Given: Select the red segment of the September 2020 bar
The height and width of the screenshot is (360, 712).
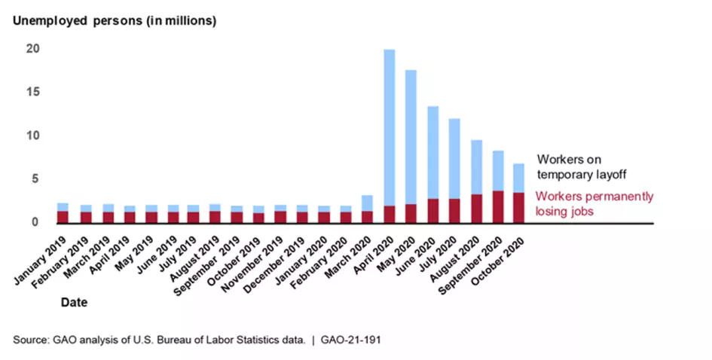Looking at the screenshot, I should (499, 206).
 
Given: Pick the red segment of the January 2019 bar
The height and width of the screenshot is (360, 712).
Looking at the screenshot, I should (63, 217).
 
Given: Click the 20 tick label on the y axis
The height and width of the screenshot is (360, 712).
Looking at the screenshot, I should (32, 49).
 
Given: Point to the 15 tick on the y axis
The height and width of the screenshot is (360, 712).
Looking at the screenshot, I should (32, 92).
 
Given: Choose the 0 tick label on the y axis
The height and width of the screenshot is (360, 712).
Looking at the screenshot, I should (35, 222).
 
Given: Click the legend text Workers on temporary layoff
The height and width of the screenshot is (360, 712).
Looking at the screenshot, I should (581, 166).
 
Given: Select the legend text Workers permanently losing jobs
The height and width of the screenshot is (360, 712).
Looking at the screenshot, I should (585, 203).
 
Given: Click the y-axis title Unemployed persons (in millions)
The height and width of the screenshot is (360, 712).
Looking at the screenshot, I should (113, 20).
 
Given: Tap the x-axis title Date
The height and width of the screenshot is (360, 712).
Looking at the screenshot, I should (74, 304).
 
